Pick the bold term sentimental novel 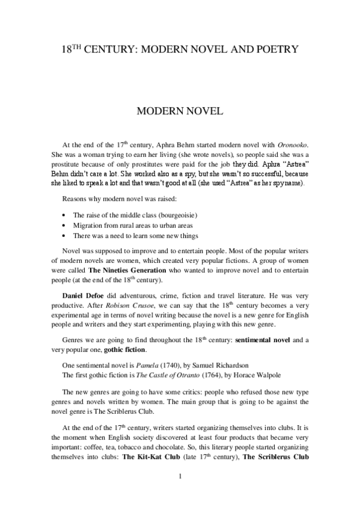[x=264, y=340]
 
